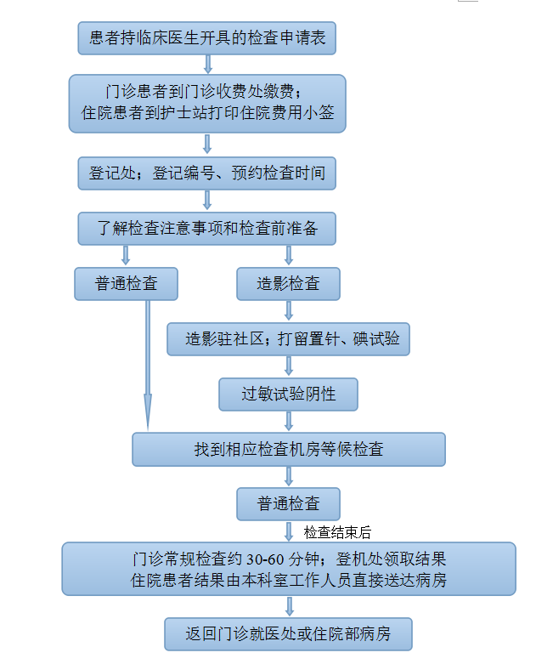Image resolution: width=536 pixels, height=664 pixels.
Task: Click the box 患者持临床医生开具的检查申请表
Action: pos(207,38)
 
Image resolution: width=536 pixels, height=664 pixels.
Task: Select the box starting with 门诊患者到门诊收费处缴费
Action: pos(207,104)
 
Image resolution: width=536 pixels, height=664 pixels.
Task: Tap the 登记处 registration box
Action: pos(207,173)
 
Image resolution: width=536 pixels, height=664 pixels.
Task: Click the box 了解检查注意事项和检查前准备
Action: pos(207,229)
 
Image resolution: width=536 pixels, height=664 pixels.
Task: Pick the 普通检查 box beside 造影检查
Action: pos(126,284)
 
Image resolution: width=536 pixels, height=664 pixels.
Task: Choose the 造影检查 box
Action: pos(288,284)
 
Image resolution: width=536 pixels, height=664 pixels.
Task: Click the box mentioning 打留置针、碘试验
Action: pos(288,338)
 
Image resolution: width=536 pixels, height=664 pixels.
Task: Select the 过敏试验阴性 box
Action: pos(288,394)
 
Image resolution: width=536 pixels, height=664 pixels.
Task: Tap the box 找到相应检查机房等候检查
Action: pos(289,449)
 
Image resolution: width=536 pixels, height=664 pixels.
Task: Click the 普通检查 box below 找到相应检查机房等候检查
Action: pos(288,504)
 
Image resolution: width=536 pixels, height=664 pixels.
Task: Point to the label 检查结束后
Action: pos(337,532)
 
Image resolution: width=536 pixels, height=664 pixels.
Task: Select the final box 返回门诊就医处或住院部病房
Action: pos(288,634)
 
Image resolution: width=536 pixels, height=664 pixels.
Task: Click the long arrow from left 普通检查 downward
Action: pos(148,366)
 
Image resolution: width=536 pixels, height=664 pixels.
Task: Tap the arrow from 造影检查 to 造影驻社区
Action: pos(289,311)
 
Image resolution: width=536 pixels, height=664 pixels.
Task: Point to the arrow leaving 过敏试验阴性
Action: pos(289,421)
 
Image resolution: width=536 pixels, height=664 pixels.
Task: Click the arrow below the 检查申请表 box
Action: pos(208,64)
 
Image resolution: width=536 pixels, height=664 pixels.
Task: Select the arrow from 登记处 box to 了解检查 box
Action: pos(207,200)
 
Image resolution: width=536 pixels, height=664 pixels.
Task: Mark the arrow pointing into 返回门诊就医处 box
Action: pos(290,606)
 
